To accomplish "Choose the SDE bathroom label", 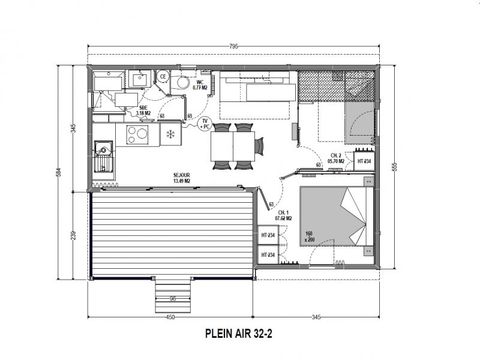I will (x=144, y=112).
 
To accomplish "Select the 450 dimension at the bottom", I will (x=170, y=317).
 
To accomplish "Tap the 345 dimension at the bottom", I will (x=318, y=317).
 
